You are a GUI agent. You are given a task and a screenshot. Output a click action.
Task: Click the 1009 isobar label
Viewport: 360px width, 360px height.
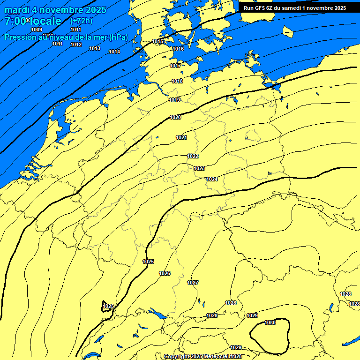(37, 30)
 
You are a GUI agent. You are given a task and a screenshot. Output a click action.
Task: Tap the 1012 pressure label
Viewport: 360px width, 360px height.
(76, 45)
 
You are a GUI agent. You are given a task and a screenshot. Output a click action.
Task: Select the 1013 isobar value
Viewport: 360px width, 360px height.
(95, 48)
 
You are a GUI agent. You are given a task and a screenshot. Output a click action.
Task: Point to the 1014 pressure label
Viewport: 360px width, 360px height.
(114, 52)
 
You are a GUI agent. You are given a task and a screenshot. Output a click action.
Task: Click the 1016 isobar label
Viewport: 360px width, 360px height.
(178, 49)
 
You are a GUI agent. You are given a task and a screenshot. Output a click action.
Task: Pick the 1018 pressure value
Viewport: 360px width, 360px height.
(177, 81)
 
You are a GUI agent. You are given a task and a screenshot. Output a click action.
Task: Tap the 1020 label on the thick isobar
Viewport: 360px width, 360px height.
(175, 117)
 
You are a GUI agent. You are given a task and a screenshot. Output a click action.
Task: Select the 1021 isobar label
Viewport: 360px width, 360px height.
(181, 137)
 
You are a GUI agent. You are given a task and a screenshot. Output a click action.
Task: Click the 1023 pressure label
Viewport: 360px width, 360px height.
(199, 168)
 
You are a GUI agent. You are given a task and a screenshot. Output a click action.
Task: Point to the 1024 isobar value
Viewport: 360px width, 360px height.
(212, 179)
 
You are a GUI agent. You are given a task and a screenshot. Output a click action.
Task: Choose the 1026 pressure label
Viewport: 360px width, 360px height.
(165, 273)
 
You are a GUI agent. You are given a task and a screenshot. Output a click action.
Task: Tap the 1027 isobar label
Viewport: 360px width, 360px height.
(193, 283)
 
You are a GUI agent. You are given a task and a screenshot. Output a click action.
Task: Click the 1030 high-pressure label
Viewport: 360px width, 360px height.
(270, 322)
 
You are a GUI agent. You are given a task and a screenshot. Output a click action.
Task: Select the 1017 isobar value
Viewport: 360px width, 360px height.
(175, 66)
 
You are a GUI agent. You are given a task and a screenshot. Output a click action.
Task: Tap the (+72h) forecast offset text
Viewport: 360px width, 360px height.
(81, 21)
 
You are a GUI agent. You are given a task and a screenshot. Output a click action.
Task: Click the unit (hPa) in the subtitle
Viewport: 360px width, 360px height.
(118, 37)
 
